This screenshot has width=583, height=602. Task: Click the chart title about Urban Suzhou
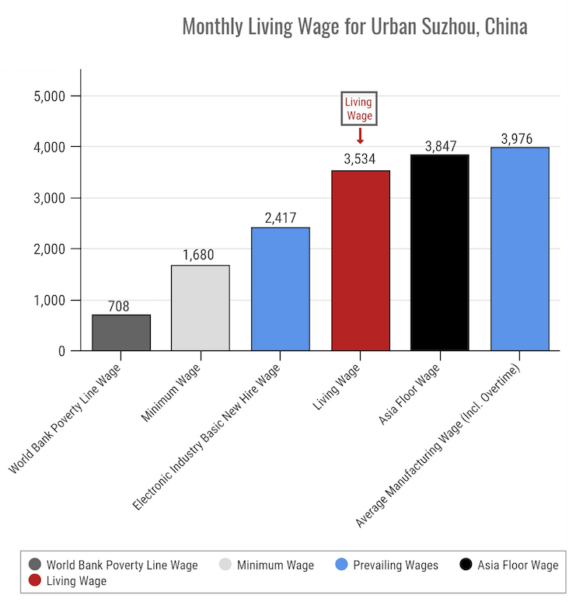354,26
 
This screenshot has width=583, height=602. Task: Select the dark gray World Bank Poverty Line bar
121,332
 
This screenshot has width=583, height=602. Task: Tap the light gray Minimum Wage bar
201,308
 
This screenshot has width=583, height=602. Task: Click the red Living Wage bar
360,260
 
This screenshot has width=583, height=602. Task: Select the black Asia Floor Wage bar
440,252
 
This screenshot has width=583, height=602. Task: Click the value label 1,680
201,255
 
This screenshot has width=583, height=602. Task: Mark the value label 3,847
440,145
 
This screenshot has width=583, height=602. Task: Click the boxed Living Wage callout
359,109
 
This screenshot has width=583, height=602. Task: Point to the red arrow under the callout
360,136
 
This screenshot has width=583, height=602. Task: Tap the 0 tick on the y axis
63,351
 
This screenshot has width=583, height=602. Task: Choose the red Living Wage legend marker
34,580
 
